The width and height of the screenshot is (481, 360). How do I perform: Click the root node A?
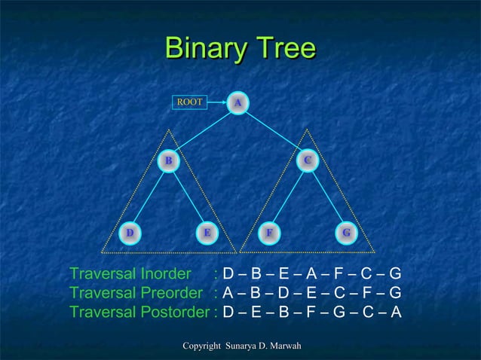tap(238, 102)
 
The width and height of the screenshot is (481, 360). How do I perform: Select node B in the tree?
tap(170, 160)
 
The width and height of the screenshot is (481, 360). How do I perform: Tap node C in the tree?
tap(307, 160)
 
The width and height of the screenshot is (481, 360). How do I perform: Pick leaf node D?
tap(130, 232)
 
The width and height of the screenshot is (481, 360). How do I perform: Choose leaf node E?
tap(207, 232)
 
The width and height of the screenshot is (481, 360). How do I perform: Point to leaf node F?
tap(268, 232)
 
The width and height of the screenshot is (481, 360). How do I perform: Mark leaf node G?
tap(345, 232)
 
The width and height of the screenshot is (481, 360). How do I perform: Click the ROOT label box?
tap(189, 101)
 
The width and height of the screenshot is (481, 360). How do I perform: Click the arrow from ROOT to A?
tap(217, 101)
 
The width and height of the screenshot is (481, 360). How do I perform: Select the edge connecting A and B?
tap(204, 131)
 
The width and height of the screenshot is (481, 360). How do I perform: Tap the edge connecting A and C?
tap(273, 131)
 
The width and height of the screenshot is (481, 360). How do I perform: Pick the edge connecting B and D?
tap(149, 197)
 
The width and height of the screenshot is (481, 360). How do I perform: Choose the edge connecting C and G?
tap(326, 197)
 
